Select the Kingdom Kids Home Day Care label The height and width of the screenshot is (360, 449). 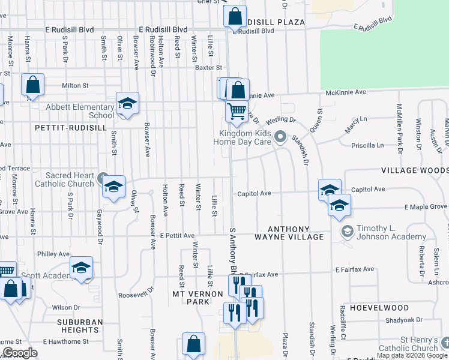coord(243,137)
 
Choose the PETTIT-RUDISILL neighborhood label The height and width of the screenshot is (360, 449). coord(62,128)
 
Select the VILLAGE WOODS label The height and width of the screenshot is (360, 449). coord(414,171)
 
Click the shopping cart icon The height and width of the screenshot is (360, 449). coord(237,110)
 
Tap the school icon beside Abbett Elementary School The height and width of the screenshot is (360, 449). coord(127,104)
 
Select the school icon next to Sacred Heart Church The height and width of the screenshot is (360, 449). coord(113,187)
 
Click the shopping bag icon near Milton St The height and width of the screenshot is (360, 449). coord(32,85)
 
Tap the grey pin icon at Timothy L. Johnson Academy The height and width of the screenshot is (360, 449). coord(347,231)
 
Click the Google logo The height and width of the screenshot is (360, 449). coord(19,353)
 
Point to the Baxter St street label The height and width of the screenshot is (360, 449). coord(208,68)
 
